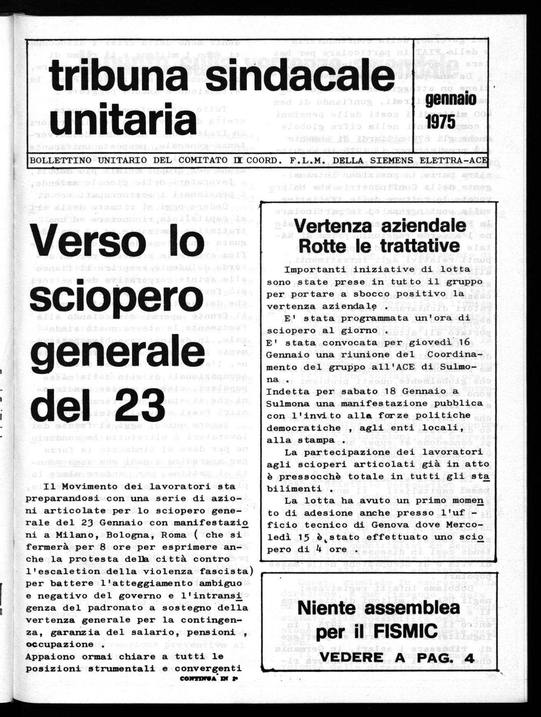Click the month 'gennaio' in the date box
(451, 99)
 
